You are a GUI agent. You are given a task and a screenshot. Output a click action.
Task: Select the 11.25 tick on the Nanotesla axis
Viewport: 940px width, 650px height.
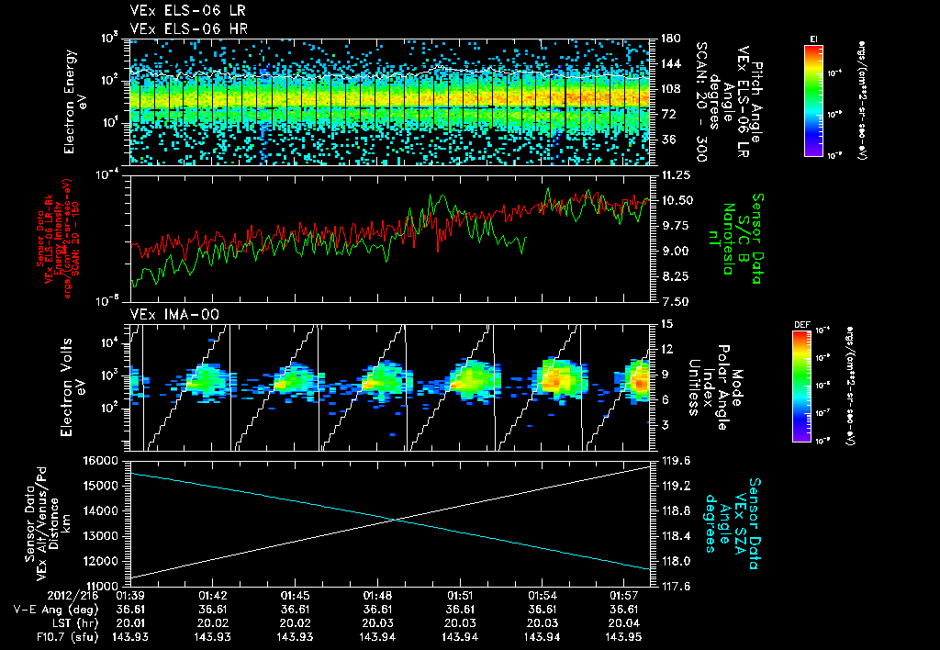tap(668, 174)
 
